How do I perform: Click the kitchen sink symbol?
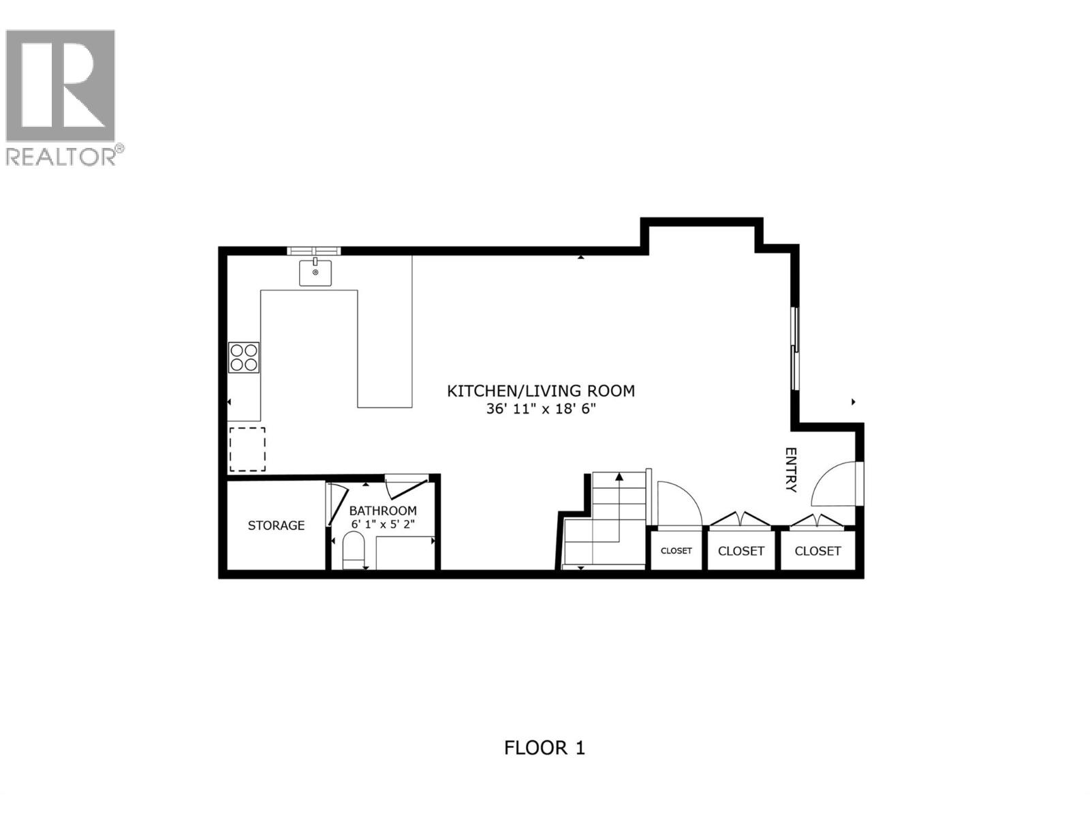315,272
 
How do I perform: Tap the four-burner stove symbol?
244,357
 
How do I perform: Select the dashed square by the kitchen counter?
247,449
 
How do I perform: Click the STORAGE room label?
276,526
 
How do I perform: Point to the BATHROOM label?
383,511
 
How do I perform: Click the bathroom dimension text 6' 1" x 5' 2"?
383,524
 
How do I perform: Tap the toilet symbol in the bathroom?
354,551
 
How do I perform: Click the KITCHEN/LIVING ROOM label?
541,391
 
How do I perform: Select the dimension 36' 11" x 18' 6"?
541,409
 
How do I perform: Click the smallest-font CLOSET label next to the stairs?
676,551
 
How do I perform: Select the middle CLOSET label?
741,551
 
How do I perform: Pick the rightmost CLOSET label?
817,551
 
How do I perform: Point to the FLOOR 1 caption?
544,748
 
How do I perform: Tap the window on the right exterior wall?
794,348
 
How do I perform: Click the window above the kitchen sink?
313,250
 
